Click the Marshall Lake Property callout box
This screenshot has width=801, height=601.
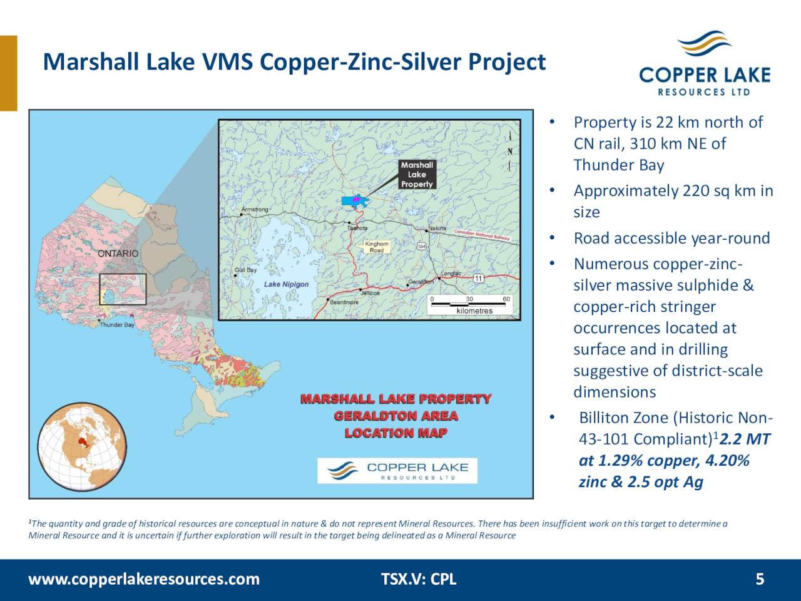pos(417,175)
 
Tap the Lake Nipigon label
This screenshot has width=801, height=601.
pos(286,284)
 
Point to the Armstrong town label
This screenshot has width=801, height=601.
pos(255,209)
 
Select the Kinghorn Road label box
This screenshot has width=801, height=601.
pos(377,247)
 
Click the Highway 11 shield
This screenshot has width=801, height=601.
pos(478,278)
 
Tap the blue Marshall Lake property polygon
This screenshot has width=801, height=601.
pos(354,200)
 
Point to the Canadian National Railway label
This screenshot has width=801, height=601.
pos(482,234)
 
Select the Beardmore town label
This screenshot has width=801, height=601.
pos(345,302)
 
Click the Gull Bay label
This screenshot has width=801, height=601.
pos(245,270)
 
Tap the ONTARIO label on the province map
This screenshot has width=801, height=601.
pos(118,254)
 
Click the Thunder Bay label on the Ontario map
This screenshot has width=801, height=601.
pos(117,325)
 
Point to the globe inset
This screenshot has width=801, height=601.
pos(82,446)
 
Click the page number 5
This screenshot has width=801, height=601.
pos(760,579)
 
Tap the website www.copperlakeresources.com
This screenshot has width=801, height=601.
pos(144,579)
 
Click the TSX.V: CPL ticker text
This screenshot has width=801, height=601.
pos(419,579)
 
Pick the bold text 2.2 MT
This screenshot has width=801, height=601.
pos(745,439)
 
